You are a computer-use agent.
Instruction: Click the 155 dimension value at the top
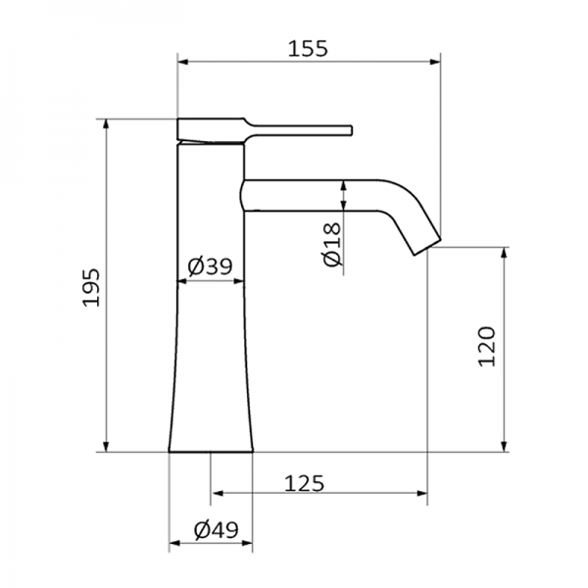308,47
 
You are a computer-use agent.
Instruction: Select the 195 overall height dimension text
91,286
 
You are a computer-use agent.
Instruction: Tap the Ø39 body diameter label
209,266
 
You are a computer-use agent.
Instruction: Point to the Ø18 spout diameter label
330,244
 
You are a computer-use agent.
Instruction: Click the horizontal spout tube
314,194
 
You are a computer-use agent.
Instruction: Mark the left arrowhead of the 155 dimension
183,62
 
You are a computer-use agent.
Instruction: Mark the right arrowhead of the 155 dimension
434,62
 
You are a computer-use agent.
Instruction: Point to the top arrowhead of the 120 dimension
504,253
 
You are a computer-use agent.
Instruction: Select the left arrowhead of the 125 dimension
217,493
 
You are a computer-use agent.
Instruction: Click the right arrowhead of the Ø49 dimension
247,542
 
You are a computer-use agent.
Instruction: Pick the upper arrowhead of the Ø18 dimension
344,186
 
